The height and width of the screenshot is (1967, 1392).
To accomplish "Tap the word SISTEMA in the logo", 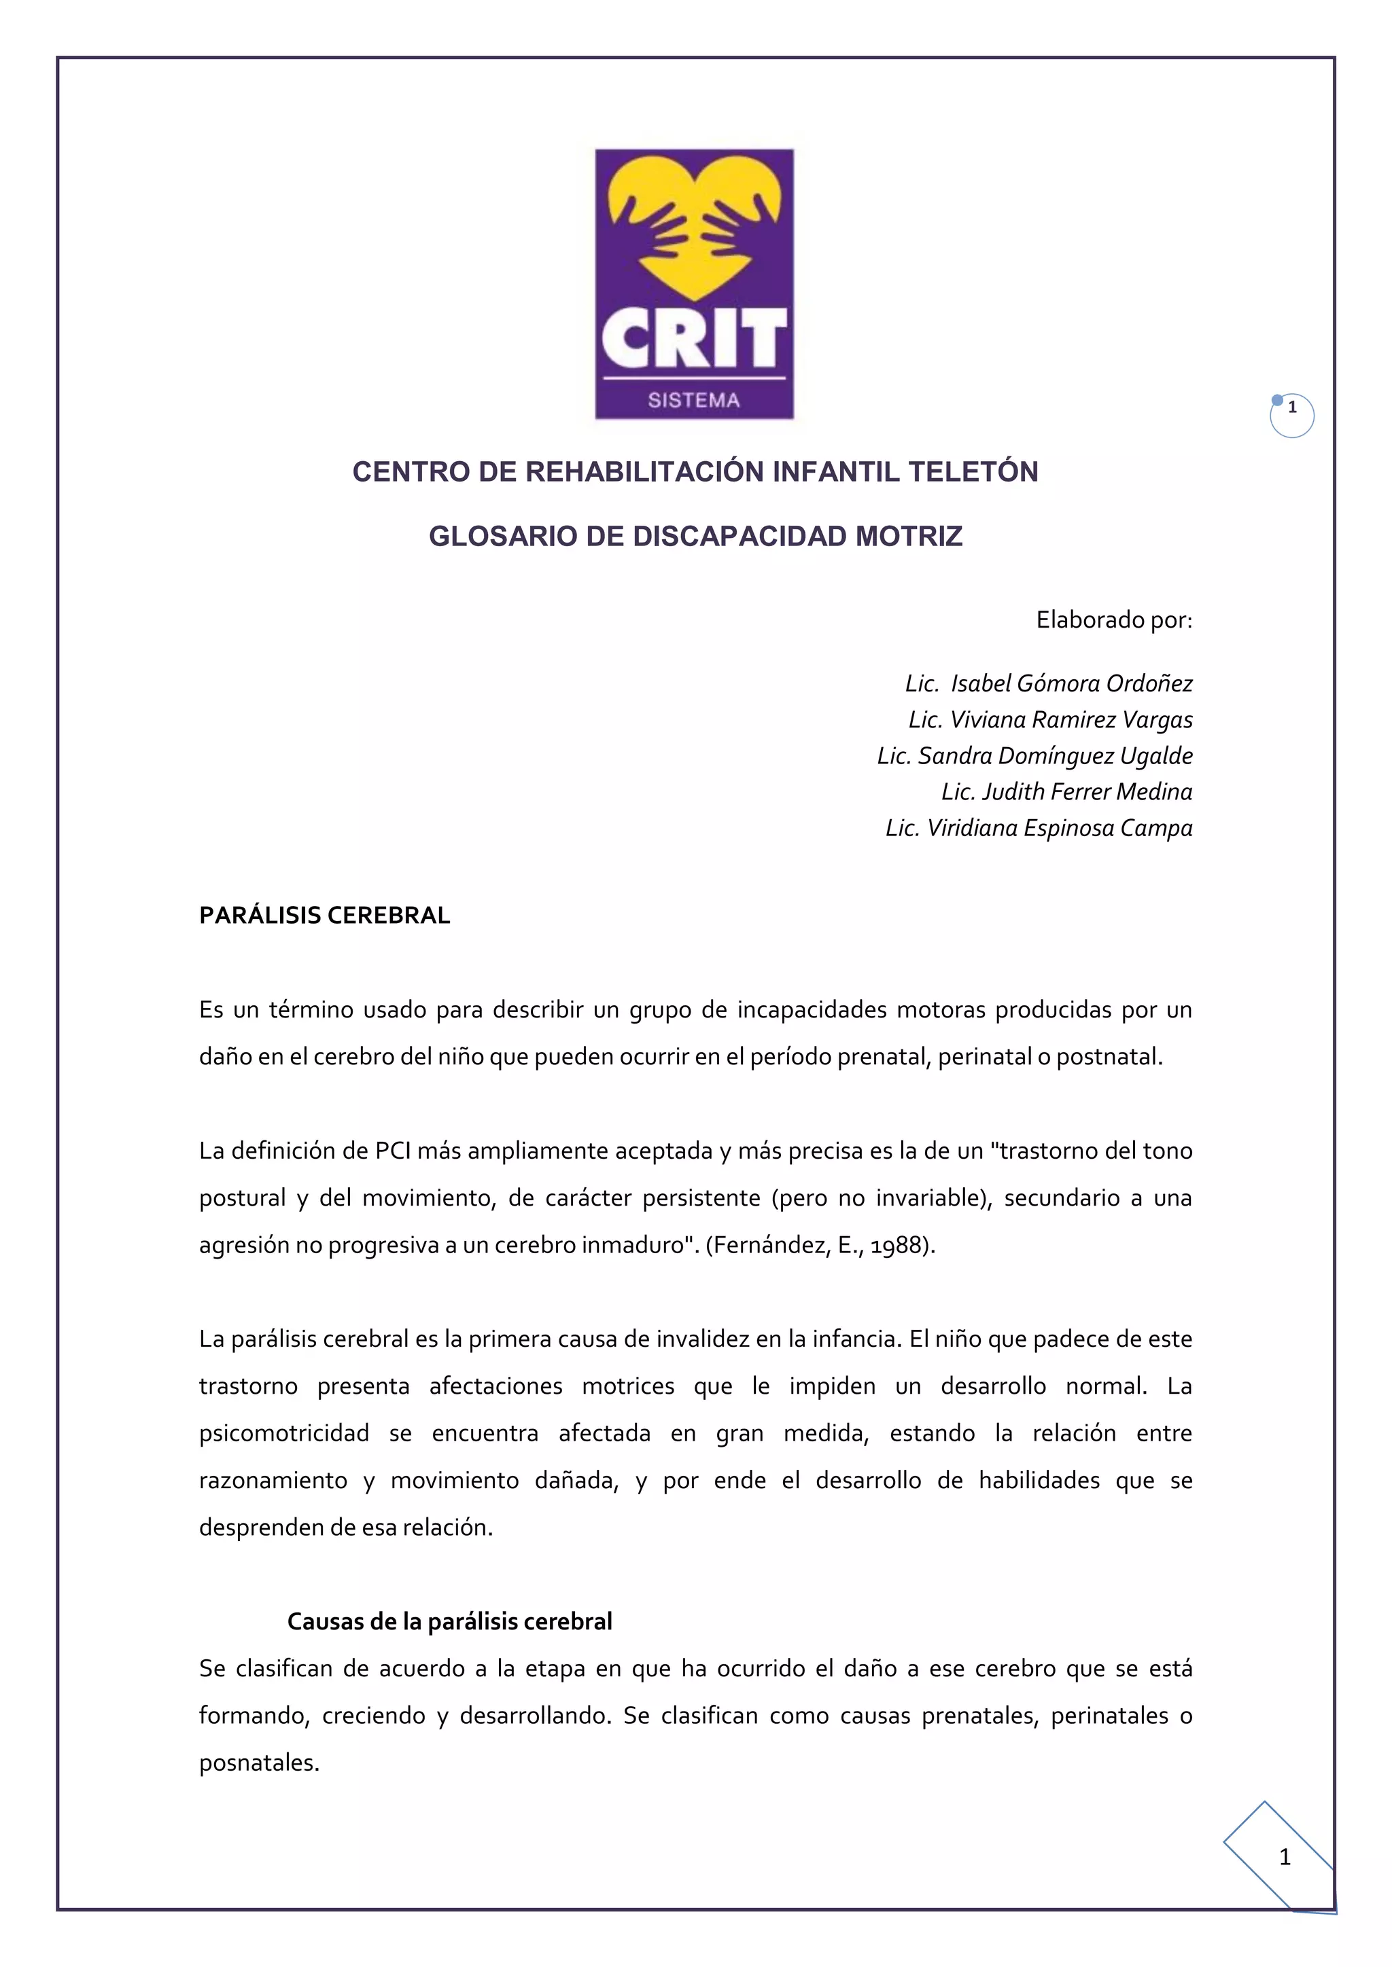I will pyautogui.click(x=693, y=400).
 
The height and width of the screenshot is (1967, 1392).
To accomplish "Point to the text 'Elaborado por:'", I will pyautogui.click(x=1113, y=619).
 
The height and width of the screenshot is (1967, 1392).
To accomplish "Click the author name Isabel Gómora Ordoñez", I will pyautogui.click(x=1071, y=684).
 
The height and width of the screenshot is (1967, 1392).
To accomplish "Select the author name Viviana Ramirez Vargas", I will pyautogui.click(x=1071, y=720).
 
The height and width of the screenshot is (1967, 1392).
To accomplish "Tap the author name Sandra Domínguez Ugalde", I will pyautogui.click(x=1055, y=755).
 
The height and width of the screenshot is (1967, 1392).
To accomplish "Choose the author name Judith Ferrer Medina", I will pyautogui.click(x=1087, y=791).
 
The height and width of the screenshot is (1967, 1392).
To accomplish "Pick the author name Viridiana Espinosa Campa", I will pyautogui.click(x=1060, y=827).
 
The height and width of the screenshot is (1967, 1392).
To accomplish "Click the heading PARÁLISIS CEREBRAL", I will pyautogui.click(x=324, y=916).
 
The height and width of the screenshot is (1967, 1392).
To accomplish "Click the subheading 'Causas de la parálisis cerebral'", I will pyautogui.click(x=449, y=1622).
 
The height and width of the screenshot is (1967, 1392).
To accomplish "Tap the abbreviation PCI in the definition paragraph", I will pyautogui.click(x=394, y=1151).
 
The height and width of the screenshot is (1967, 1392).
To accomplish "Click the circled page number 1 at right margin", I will pyautogui.click(x=1291, y=409).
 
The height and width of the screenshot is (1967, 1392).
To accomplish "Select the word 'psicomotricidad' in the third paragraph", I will pyautogui.click(x=283, y=1433).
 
